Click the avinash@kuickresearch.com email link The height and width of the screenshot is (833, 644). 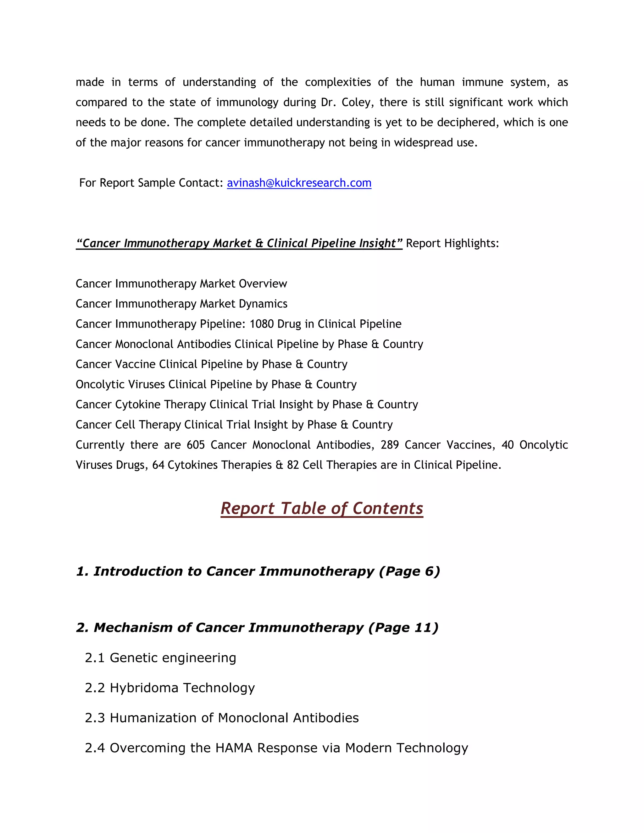(299, 183)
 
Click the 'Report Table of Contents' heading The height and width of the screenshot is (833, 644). (322, 508)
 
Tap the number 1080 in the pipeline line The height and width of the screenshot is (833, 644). (261, 324)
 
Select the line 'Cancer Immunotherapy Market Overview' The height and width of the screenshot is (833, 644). (181, 284)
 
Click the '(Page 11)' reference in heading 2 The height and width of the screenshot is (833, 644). (403, 627)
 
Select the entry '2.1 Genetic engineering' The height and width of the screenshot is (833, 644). (161, 658)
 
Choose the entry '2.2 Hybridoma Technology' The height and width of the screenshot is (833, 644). (170, 688)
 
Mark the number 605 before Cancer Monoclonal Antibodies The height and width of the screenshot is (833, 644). (196, 445)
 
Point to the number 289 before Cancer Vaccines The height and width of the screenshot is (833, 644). (390, 445)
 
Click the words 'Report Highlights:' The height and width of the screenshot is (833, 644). (452, 243)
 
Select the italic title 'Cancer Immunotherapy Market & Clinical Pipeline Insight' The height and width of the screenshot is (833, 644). (239, 243)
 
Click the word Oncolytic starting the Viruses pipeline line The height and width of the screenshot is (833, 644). (100, 384)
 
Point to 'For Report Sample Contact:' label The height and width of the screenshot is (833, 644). (151, 183)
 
